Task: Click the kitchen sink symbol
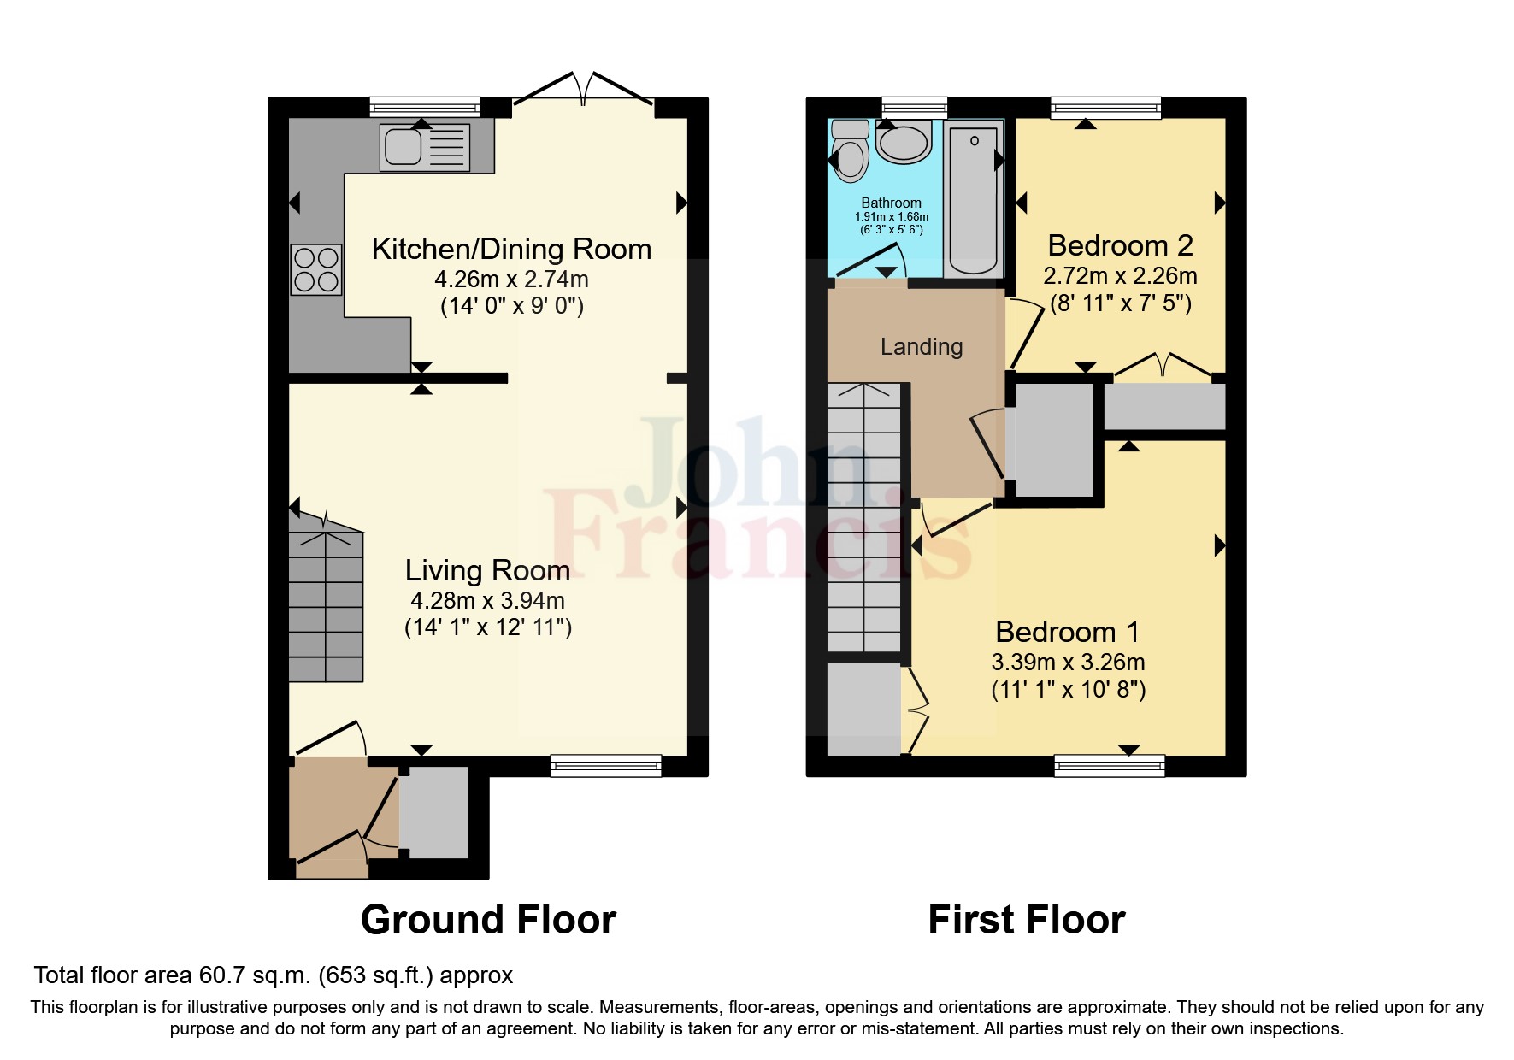[x=424, y=148]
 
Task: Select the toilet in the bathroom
[x=850, y=153]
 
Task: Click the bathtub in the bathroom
[x=973, y=198]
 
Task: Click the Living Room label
[x=487, y=570]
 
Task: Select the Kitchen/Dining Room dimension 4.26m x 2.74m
[x=511, y=279]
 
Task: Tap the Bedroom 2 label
[x=1120, y=245]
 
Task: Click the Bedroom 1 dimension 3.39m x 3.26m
[x=1068, y=662]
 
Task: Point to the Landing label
[x=922, y=346]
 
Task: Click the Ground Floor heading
[x=488, y=920]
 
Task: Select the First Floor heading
[x=1026, y=920]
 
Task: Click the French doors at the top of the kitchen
[x=583, y=90]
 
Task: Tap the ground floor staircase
[x=326, y=607]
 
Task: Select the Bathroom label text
[x=891, y=203]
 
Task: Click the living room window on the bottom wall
[x=606, y=765]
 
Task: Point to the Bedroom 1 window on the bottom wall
[x=1110, y=765]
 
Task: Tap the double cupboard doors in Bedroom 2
[x=1163, y=365]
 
